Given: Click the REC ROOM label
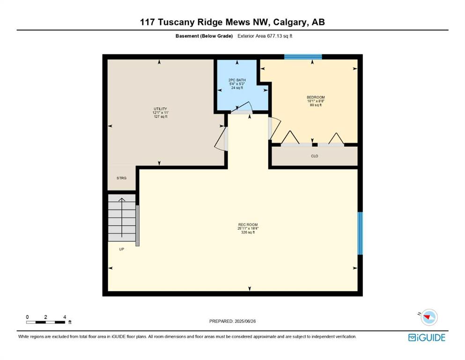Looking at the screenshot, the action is (x=248, y=225).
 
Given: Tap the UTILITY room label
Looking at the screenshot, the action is (x=160, y=109).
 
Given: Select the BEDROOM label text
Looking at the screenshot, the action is (x=316, y=97).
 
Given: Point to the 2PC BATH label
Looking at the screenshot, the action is (x=237, y=80).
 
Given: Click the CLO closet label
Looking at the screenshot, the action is (x=314, y=156).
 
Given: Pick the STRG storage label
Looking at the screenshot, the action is (x=121, y=178).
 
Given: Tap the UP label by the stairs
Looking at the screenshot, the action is (x=122, y=249).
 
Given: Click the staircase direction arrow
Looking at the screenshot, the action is (x=122, y=217).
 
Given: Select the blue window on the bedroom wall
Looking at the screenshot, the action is (x=303, y=57).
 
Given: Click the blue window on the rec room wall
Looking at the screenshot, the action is (x=360, y=233).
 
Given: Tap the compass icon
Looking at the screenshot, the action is (x=428, y=317).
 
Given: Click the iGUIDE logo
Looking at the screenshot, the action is (x=427, y=337).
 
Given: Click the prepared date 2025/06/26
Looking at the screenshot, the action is (x=245, y=321).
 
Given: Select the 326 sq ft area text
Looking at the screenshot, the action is (x=248, y=232).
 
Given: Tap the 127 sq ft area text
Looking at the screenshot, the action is (x=161, y=117).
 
